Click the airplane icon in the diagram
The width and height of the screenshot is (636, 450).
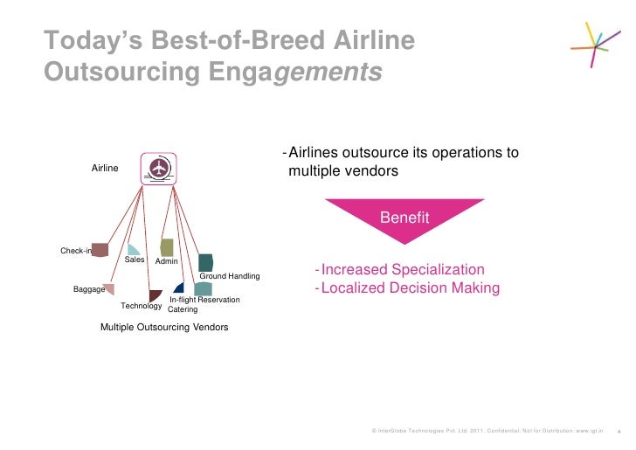click(x=160, y=168)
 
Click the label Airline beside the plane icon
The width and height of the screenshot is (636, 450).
click(x=105, y=169)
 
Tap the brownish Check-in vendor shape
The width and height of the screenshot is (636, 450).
click(x=100, y=250)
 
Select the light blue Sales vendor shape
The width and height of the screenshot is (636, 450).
click(x=133, y=250)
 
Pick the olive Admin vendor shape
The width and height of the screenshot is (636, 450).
click(x=167, y=247)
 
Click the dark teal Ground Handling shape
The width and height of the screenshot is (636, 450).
click(x=205, y=262)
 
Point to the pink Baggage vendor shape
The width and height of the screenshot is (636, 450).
click(x=108, y=288)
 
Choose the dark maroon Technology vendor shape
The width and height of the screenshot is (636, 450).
click(x=155, y=295)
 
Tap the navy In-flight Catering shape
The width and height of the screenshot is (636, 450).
click(x=179, y=287)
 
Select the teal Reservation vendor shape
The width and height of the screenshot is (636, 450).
click(x=203, y=288)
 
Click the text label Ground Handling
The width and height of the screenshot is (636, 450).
click(x=230, y=276)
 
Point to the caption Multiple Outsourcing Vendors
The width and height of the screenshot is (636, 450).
click(x=164, y=327)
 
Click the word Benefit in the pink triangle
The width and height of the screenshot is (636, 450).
click(x=404, y=218)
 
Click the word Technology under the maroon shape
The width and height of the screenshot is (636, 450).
click(x=141, y=306)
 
